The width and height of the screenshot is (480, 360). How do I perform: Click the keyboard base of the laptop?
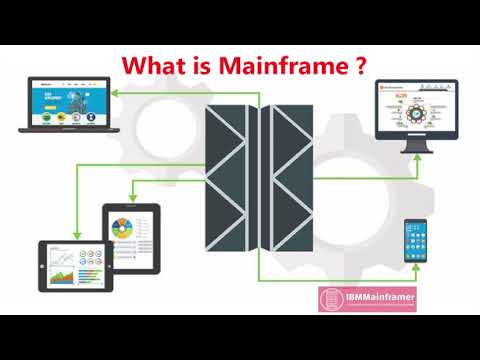pos(67,128)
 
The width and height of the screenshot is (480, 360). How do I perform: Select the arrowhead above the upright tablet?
pos(131,199)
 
